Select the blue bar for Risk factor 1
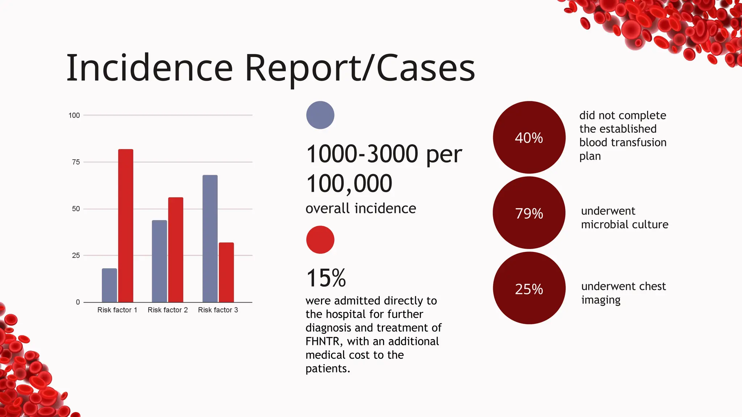109,285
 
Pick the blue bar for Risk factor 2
159,261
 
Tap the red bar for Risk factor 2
176,250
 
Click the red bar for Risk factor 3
226,272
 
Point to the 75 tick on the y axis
76,162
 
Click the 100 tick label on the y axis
74,115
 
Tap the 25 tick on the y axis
76,256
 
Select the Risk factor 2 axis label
168,310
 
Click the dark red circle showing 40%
529,138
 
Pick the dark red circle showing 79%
529,213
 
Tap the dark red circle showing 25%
529,288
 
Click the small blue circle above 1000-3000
320,115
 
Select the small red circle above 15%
320,240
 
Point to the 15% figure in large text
326,278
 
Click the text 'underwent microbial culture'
624,218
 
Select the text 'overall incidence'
361,208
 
